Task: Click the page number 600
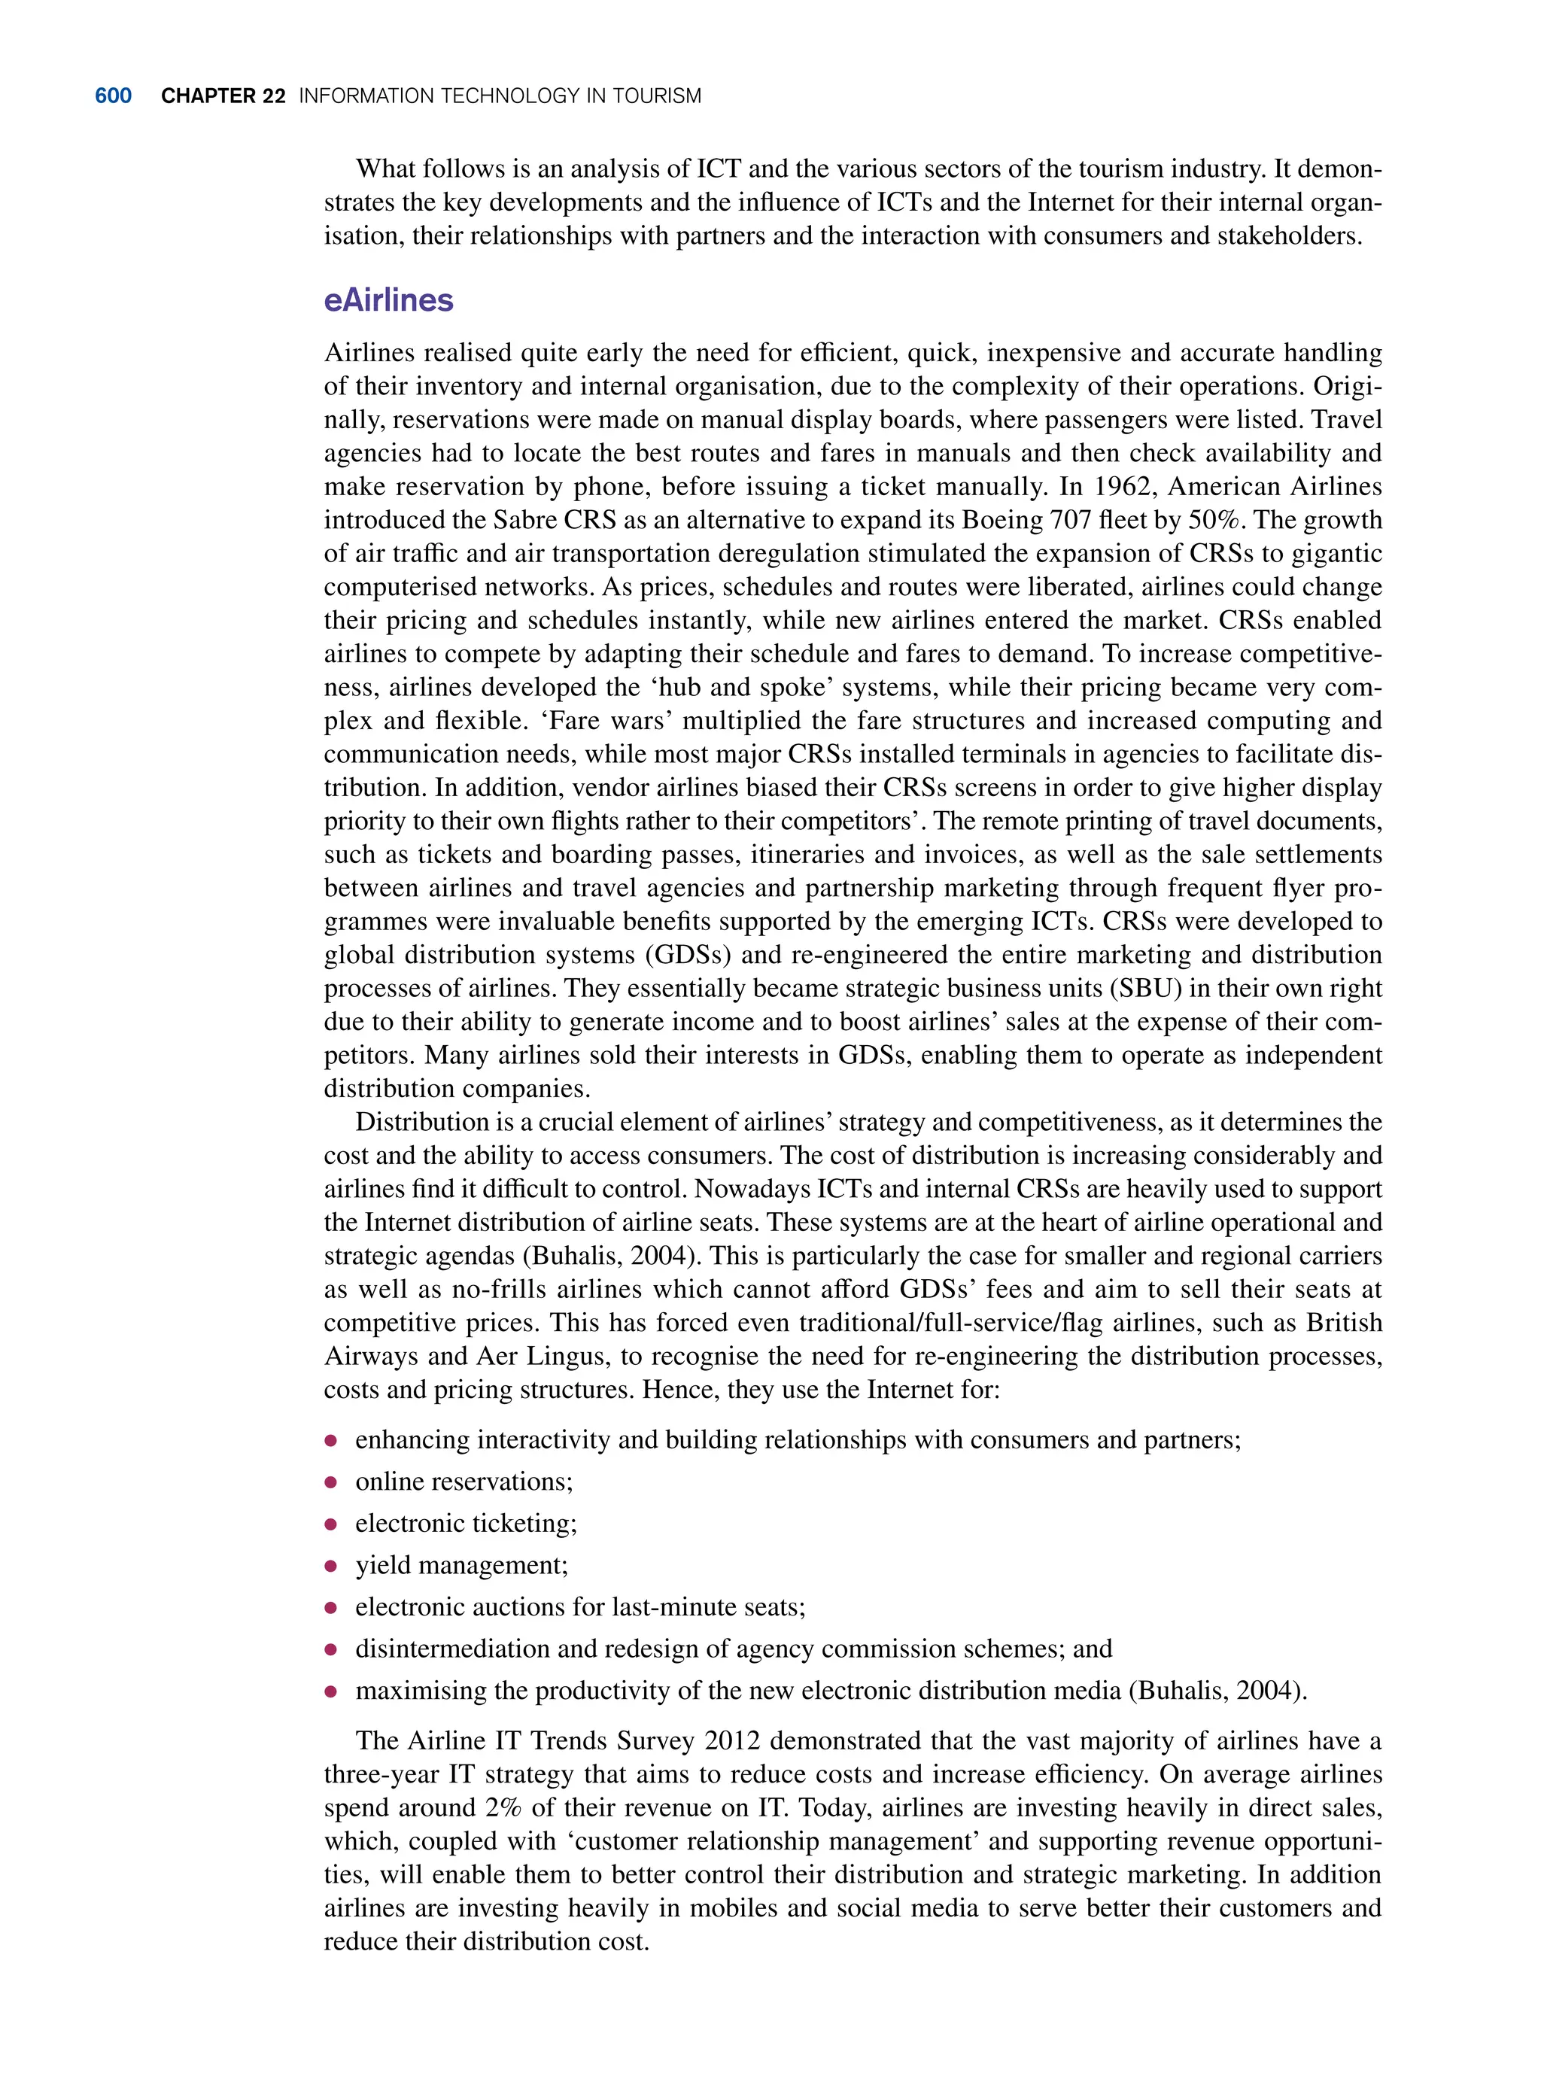pyautogui.click(x=113, y=96)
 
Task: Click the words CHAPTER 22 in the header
pyautogui.click(x=223, y=96)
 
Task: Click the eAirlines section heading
pyautogui.click(x=388, y=300)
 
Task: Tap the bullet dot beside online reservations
pyautogui.click(x=330, y=1482)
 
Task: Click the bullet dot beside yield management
pyautogui.click(x=330, y=1566)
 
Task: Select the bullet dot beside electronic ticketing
pyautogui.click(x=330, y=1524)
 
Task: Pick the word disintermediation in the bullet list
pyautogui.click(x=452, y=1649)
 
